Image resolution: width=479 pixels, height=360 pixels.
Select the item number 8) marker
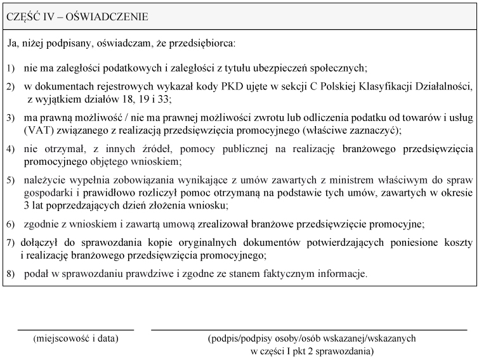click(11, 274)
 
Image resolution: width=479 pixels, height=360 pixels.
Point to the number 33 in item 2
click(165, 99)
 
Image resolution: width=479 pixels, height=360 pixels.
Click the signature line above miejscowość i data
click(75, 330)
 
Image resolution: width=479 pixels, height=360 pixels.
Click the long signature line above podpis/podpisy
click(308, 330)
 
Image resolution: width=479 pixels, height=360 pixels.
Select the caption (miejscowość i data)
click(75, 338)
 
